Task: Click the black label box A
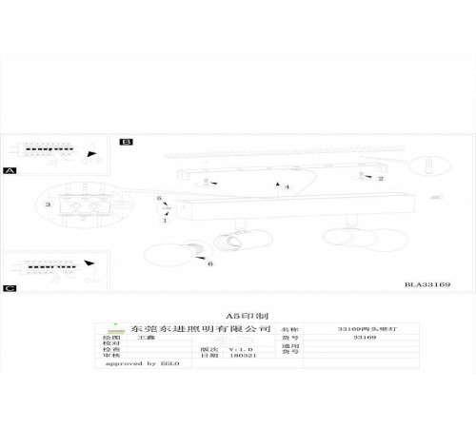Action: point(10,170)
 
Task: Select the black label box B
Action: point(126,141)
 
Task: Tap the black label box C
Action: point(10,286)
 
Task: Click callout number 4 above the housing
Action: point(287,187)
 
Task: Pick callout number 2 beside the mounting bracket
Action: point(380,178)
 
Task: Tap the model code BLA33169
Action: point(427,283)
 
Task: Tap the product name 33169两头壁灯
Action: point(365,326)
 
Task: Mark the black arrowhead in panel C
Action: point(90,263)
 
